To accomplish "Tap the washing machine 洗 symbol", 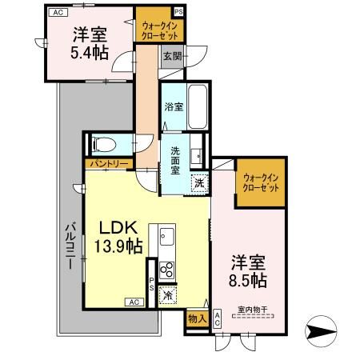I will tap(198, 183).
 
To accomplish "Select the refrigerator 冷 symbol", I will tap(167, 294).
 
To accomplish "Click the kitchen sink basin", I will tap(167, 237).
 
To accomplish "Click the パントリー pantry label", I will tap(105, 164).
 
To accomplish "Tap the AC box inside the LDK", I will tap(133, 302).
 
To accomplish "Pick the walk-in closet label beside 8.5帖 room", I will tap(259, 181).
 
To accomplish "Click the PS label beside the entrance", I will tap(178, 11).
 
